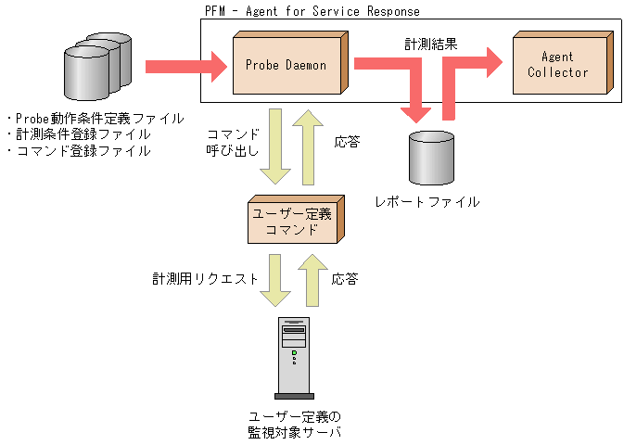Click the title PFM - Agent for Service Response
pyautogui.click(x=312, y=11)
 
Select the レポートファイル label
pyautogui.click(x=427, y=201)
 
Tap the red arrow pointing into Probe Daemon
pyautogui.click(x=185, y=66)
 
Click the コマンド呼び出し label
pyautogui.click(x=233, y=143)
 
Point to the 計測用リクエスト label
pyautogui.click(x=205, y=278)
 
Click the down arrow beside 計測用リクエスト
pyautogui.click(x=275, y=279)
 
